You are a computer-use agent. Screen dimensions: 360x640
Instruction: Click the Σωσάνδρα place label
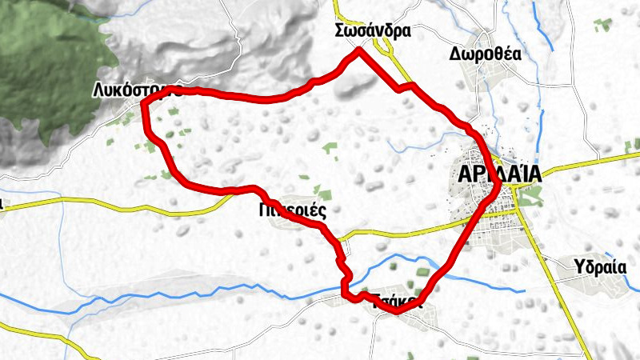point(374,31)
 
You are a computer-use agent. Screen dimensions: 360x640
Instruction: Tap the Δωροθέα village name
point(485,54)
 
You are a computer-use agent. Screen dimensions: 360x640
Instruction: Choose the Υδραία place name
point(600,266)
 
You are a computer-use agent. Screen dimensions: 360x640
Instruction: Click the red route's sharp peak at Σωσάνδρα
point(359,50)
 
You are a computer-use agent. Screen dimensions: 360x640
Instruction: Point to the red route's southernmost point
point(397,311)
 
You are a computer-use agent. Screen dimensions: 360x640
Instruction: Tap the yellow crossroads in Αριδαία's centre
point(516,188)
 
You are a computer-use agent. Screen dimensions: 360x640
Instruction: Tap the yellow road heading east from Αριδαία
point(584,164)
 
